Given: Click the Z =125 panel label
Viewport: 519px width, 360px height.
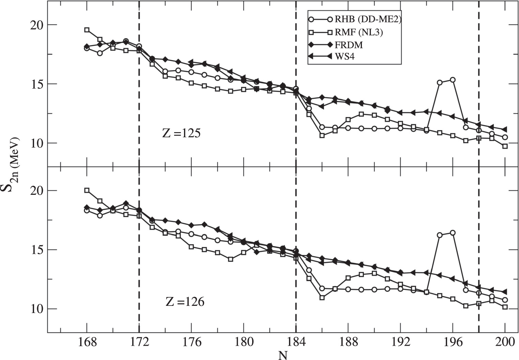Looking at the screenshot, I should tap(181, 133).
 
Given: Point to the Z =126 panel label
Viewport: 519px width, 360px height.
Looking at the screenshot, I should tap(185, 301).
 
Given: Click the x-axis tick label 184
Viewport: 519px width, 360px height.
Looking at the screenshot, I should tap(295, 342).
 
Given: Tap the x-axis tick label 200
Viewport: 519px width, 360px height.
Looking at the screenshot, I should tap(505, 342).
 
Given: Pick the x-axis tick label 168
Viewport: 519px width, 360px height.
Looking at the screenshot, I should tap(87, 342).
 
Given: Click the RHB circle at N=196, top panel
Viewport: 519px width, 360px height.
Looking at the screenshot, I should tap(453, 80).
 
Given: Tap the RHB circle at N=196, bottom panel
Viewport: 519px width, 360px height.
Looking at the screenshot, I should tap(453, 233).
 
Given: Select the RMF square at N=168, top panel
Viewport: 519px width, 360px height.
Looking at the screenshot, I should tap(87, 30).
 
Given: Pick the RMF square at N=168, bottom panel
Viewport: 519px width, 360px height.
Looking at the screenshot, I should tap(87, 190).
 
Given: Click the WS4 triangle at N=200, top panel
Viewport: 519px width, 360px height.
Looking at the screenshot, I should tap(505, 129).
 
